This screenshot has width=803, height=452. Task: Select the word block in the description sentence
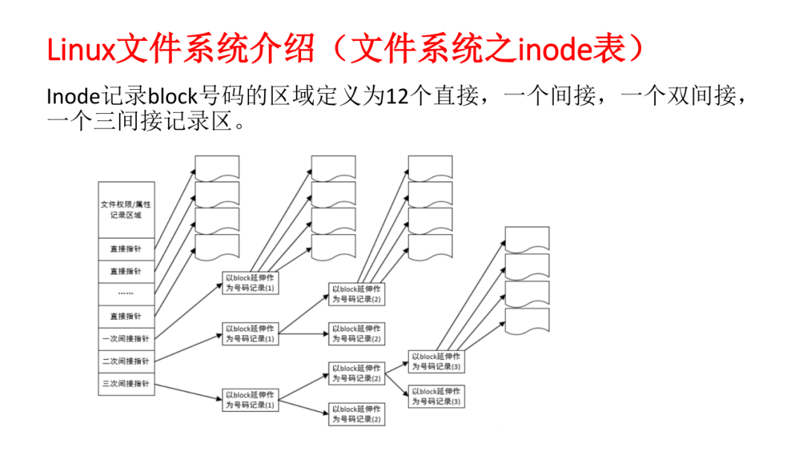172,96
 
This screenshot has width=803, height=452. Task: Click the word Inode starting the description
73,96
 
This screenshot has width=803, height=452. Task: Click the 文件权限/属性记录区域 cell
126,210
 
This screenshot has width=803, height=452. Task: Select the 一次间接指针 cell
126,338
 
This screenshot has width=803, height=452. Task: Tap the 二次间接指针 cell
126,361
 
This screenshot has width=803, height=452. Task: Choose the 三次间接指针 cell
126,384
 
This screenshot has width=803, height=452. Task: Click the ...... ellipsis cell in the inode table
126,293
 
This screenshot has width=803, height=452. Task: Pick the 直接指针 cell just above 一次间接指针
126,316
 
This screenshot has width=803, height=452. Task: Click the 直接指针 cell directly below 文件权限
126,248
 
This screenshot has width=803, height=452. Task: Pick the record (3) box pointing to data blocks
436,361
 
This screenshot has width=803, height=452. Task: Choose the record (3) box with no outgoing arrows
436,396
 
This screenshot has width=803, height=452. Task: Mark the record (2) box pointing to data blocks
357,294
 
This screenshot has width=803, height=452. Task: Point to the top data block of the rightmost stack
526,239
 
